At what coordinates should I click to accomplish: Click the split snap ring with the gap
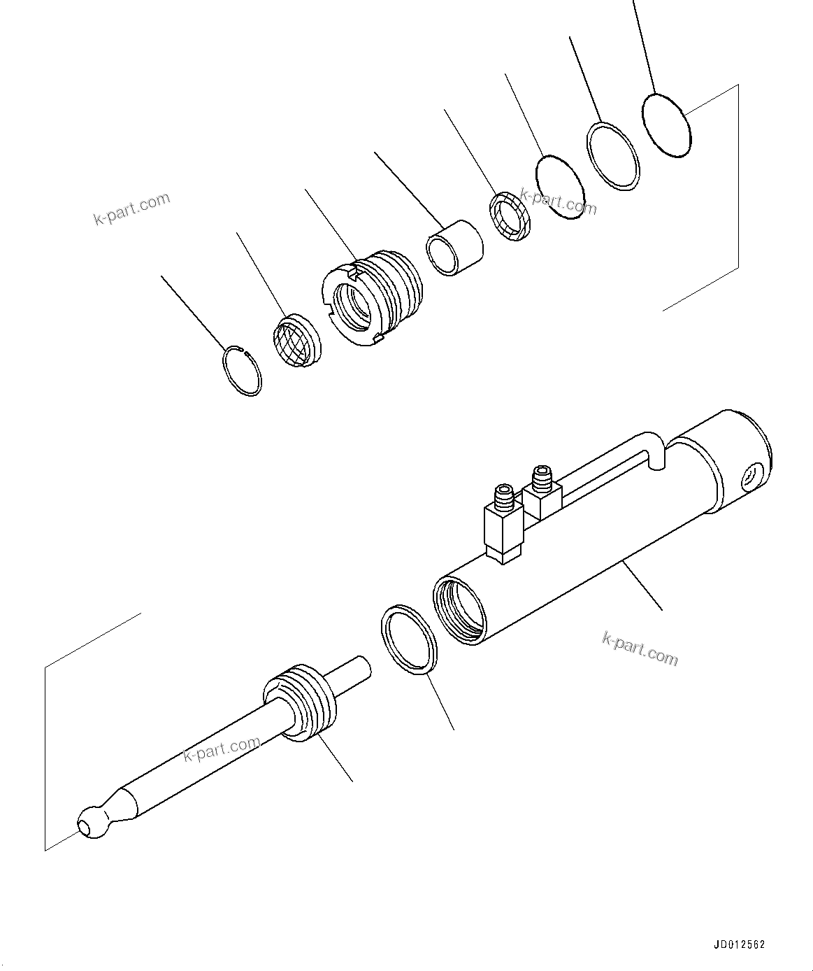coord(242,371)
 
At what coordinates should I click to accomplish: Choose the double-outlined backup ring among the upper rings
coord(613,156)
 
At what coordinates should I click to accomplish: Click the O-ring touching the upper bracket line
coord(665,125)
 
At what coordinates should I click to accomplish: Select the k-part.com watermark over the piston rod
coord(222,749)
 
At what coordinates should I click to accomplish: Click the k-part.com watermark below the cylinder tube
coord(640,648)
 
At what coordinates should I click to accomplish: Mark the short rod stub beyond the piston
coord(353,672)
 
